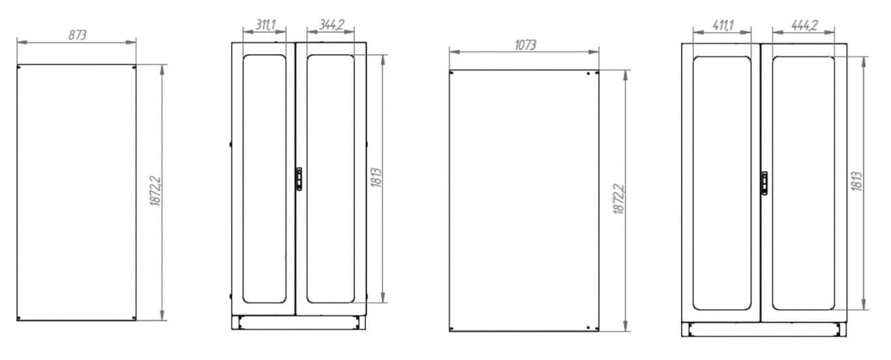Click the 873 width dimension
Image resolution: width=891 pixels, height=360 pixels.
click(77, 35)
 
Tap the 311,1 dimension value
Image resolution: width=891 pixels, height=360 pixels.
click(265, 25)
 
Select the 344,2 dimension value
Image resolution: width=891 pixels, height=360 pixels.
click(331, 25)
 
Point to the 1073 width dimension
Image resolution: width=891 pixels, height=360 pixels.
click(525, 45)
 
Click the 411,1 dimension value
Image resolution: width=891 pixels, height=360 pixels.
click(723, 25)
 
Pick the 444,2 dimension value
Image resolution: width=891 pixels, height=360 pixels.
click(804, 25)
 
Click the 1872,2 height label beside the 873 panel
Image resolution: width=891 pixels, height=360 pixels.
click(155, 190)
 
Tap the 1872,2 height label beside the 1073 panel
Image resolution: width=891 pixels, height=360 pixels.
click(619, 198)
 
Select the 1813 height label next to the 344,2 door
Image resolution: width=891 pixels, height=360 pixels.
click(376, 177)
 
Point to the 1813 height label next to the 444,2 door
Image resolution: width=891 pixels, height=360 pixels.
click(856, 181)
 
